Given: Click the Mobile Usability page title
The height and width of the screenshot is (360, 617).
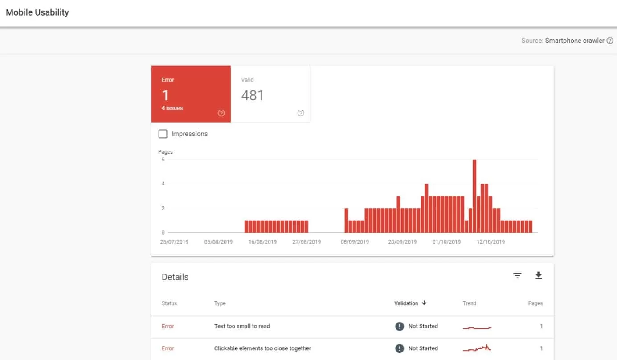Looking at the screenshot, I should (37, 12).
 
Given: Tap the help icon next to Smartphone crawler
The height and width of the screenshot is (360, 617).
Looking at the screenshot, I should (610, 41).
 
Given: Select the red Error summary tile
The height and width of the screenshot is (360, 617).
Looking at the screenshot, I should (191, 94).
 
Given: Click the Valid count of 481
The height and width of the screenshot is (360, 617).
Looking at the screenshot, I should (253, 95).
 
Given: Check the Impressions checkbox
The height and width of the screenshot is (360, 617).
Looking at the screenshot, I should (163, 134).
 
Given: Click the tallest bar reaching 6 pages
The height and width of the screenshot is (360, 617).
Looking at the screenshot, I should (474, 196).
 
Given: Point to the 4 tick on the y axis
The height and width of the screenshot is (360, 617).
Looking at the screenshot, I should (163, 184).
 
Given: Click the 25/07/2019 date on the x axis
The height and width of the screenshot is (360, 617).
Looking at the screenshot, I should (174, 242).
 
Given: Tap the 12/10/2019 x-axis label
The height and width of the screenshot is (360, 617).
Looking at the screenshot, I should (490, 242).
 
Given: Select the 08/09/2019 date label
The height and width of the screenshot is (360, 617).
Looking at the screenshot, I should (355, 242).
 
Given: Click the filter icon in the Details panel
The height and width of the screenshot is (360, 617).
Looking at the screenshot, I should (517, 276).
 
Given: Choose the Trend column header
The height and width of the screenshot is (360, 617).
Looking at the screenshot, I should (470, 303).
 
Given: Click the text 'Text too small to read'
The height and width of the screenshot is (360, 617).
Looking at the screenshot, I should (242, 326).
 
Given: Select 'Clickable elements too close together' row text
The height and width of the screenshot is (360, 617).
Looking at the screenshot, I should (262, 348).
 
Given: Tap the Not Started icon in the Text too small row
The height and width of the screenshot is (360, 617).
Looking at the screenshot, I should (400, 326).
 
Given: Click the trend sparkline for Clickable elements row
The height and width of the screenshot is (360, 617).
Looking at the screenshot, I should (477, 348).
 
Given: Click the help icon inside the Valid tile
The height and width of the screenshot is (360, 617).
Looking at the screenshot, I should (301, 113).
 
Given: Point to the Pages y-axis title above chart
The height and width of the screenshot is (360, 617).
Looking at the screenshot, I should (165, 152).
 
